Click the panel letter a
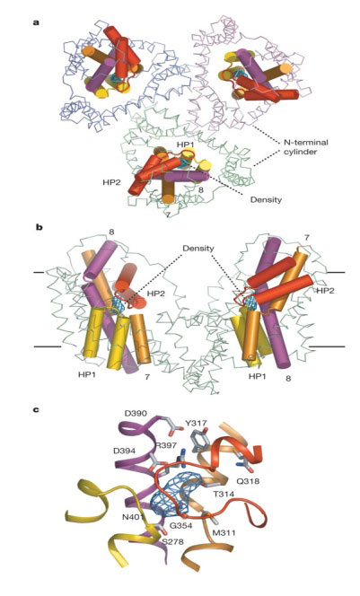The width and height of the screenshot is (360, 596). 36,22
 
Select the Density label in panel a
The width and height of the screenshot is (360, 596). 266,199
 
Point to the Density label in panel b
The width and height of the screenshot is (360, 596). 198,249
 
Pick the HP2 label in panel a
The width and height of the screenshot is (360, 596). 111,182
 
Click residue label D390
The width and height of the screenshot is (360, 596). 136,413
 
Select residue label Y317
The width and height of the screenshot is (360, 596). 196,423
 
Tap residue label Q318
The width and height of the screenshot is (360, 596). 248,481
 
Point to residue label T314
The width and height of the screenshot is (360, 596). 224,494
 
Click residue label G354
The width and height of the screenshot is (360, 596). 180,525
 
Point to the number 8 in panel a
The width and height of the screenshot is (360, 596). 202,188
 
